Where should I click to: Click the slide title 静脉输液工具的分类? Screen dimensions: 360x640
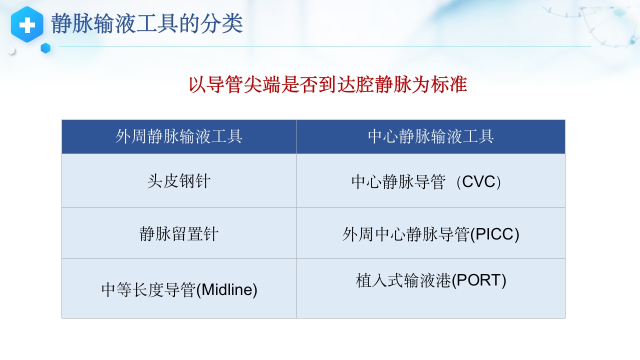[x=147, y=24]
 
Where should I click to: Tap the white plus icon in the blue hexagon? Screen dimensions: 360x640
[x=27, y=24]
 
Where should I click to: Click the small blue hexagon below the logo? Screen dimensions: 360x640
[x=45, y=48]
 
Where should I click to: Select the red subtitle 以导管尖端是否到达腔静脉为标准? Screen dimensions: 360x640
[x=327, y=85]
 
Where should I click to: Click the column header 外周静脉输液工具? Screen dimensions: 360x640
[x=178, y=136]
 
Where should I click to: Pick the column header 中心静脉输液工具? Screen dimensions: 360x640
[x=430, y=136]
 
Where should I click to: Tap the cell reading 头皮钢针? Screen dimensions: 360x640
[x=178, y=181]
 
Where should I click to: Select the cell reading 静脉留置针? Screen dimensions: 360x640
[x=178, y=234]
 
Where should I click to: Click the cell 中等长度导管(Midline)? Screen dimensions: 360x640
[x=179, y=289]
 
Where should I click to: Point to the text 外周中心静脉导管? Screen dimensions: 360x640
[x=405, y=234]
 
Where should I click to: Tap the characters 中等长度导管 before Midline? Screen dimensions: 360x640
[x=148, y=290]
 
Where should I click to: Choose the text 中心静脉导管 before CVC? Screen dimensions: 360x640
[x=398, y=182]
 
